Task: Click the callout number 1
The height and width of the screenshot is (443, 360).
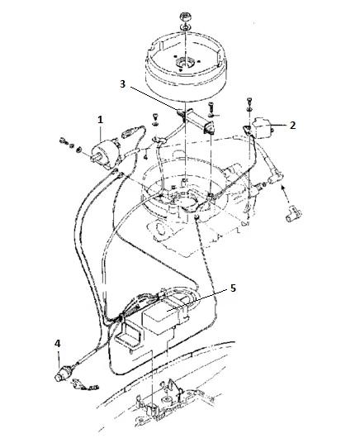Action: [100, 121]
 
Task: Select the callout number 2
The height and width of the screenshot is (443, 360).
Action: [293, 125]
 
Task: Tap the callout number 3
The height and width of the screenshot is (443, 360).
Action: [122, 84]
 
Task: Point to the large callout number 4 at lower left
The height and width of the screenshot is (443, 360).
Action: [57, 344]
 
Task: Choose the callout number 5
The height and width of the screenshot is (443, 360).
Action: [233, 288]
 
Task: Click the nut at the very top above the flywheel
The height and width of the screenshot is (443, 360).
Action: [185, 16]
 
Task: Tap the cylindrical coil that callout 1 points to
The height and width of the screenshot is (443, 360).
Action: [106, 154]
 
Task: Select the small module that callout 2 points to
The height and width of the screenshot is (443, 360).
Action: [263, 126]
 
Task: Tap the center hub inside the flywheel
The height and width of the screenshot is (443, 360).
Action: [184, 63]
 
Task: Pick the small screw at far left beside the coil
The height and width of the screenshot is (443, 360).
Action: [63, 141]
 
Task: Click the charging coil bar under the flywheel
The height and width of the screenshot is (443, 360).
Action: [195, 120]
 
